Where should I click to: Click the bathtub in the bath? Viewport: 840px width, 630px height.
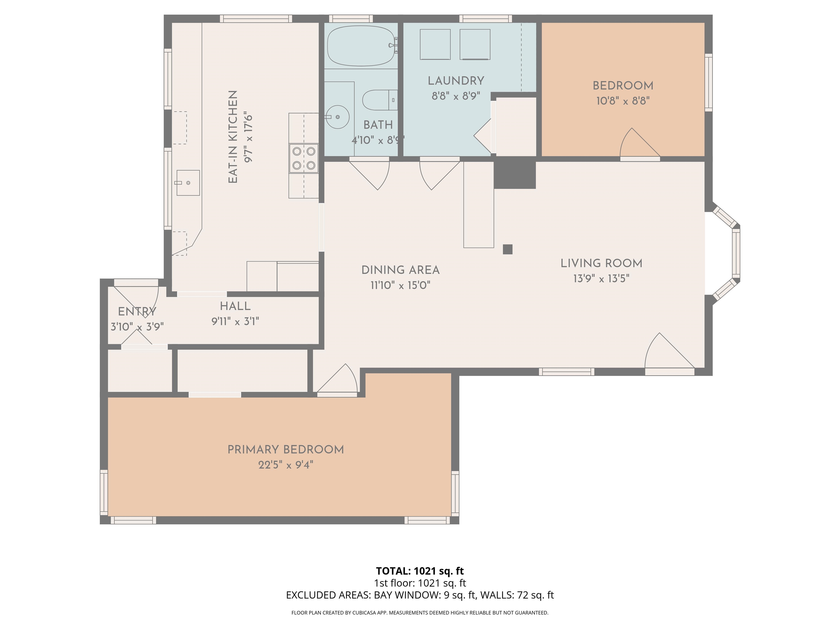click(360, 46)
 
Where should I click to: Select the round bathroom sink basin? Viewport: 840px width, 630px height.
click(337, 117)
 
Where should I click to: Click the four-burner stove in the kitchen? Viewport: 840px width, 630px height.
click(304, 158)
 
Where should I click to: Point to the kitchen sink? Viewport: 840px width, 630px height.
click(188, 183)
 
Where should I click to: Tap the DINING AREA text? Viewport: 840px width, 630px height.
click(400, 270)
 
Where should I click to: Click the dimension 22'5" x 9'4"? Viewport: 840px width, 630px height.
click(285, 465)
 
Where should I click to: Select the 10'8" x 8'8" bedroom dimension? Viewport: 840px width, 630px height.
click(623, 101)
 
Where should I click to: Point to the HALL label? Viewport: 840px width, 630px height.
click(235, 306)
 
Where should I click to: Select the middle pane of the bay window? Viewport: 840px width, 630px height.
click(736, 254)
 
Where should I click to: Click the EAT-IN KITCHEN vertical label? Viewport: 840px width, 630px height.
click(233, 137)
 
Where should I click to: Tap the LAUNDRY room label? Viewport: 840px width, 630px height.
click(456, 81)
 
